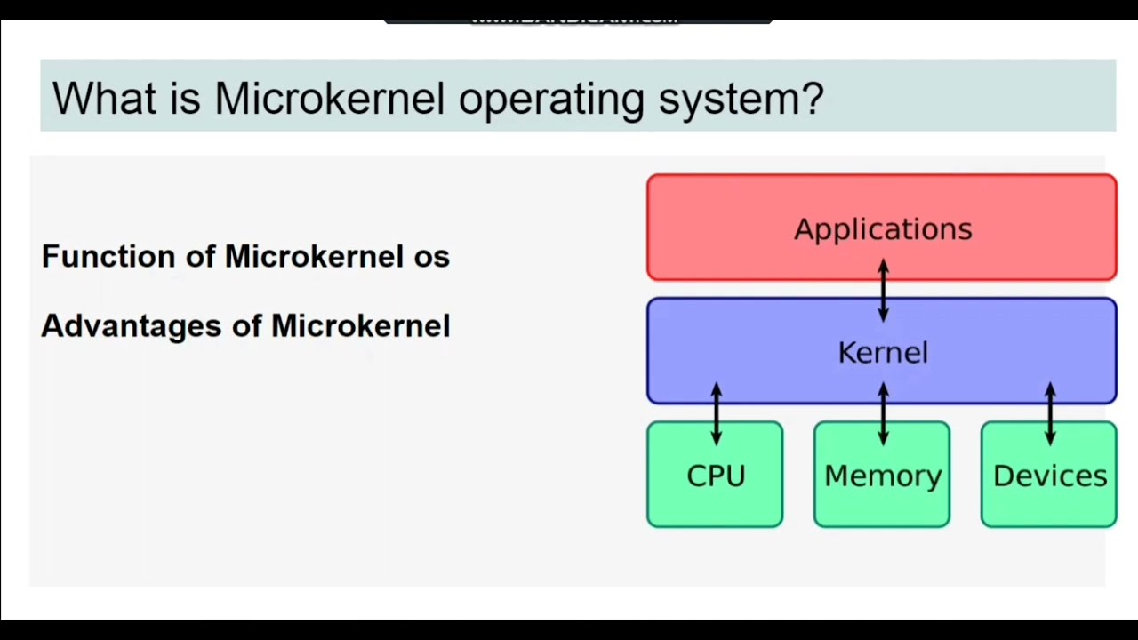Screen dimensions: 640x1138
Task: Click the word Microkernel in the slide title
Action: pyautogui.click(x=329, y=98)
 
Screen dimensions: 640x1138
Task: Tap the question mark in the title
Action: pyautogui.click(x=812, y=98)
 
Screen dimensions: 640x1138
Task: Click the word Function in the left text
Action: pyautogui.click(x=108, y=257)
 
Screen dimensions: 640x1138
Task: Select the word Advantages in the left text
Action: pyautogui.click(x=131, y=326)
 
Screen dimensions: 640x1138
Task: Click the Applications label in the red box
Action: pyautogui.click(x=882, y=229)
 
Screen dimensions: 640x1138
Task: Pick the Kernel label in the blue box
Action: pyautogui.click(x=882, y=353)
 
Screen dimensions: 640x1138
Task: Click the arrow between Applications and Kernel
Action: pyautogui.click(x=883, y=290)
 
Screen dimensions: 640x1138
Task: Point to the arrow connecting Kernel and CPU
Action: pyautogui.click(x=717, y=413)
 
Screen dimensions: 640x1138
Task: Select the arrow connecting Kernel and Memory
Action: pyautogui.click(x=883, y=413)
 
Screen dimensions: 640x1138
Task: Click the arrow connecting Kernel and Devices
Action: pyautogui.click(x=1050, y=413)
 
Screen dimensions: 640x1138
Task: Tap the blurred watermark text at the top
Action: pyautogui.click(x=576, y=18)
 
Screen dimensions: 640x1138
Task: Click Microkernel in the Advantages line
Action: pyautogui.click(x=360, y=326)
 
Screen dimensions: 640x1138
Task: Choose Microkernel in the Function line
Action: pyautogui.click(x=314, y=257)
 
